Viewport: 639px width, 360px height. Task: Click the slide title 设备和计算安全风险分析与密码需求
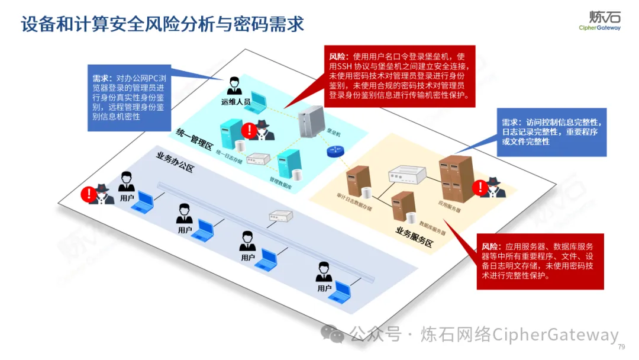point(162,24)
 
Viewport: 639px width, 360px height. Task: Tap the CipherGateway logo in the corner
point(599,20)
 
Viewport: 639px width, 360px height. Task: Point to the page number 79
point(621,347)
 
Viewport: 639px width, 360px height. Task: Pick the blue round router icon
point(335,152)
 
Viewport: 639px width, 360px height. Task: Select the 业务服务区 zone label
point(414,236)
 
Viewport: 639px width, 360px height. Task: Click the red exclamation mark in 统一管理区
point(250,130)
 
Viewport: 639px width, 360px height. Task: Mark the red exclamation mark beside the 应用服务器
point(479,188)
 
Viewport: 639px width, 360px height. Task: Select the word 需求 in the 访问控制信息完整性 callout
point(512,123)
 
